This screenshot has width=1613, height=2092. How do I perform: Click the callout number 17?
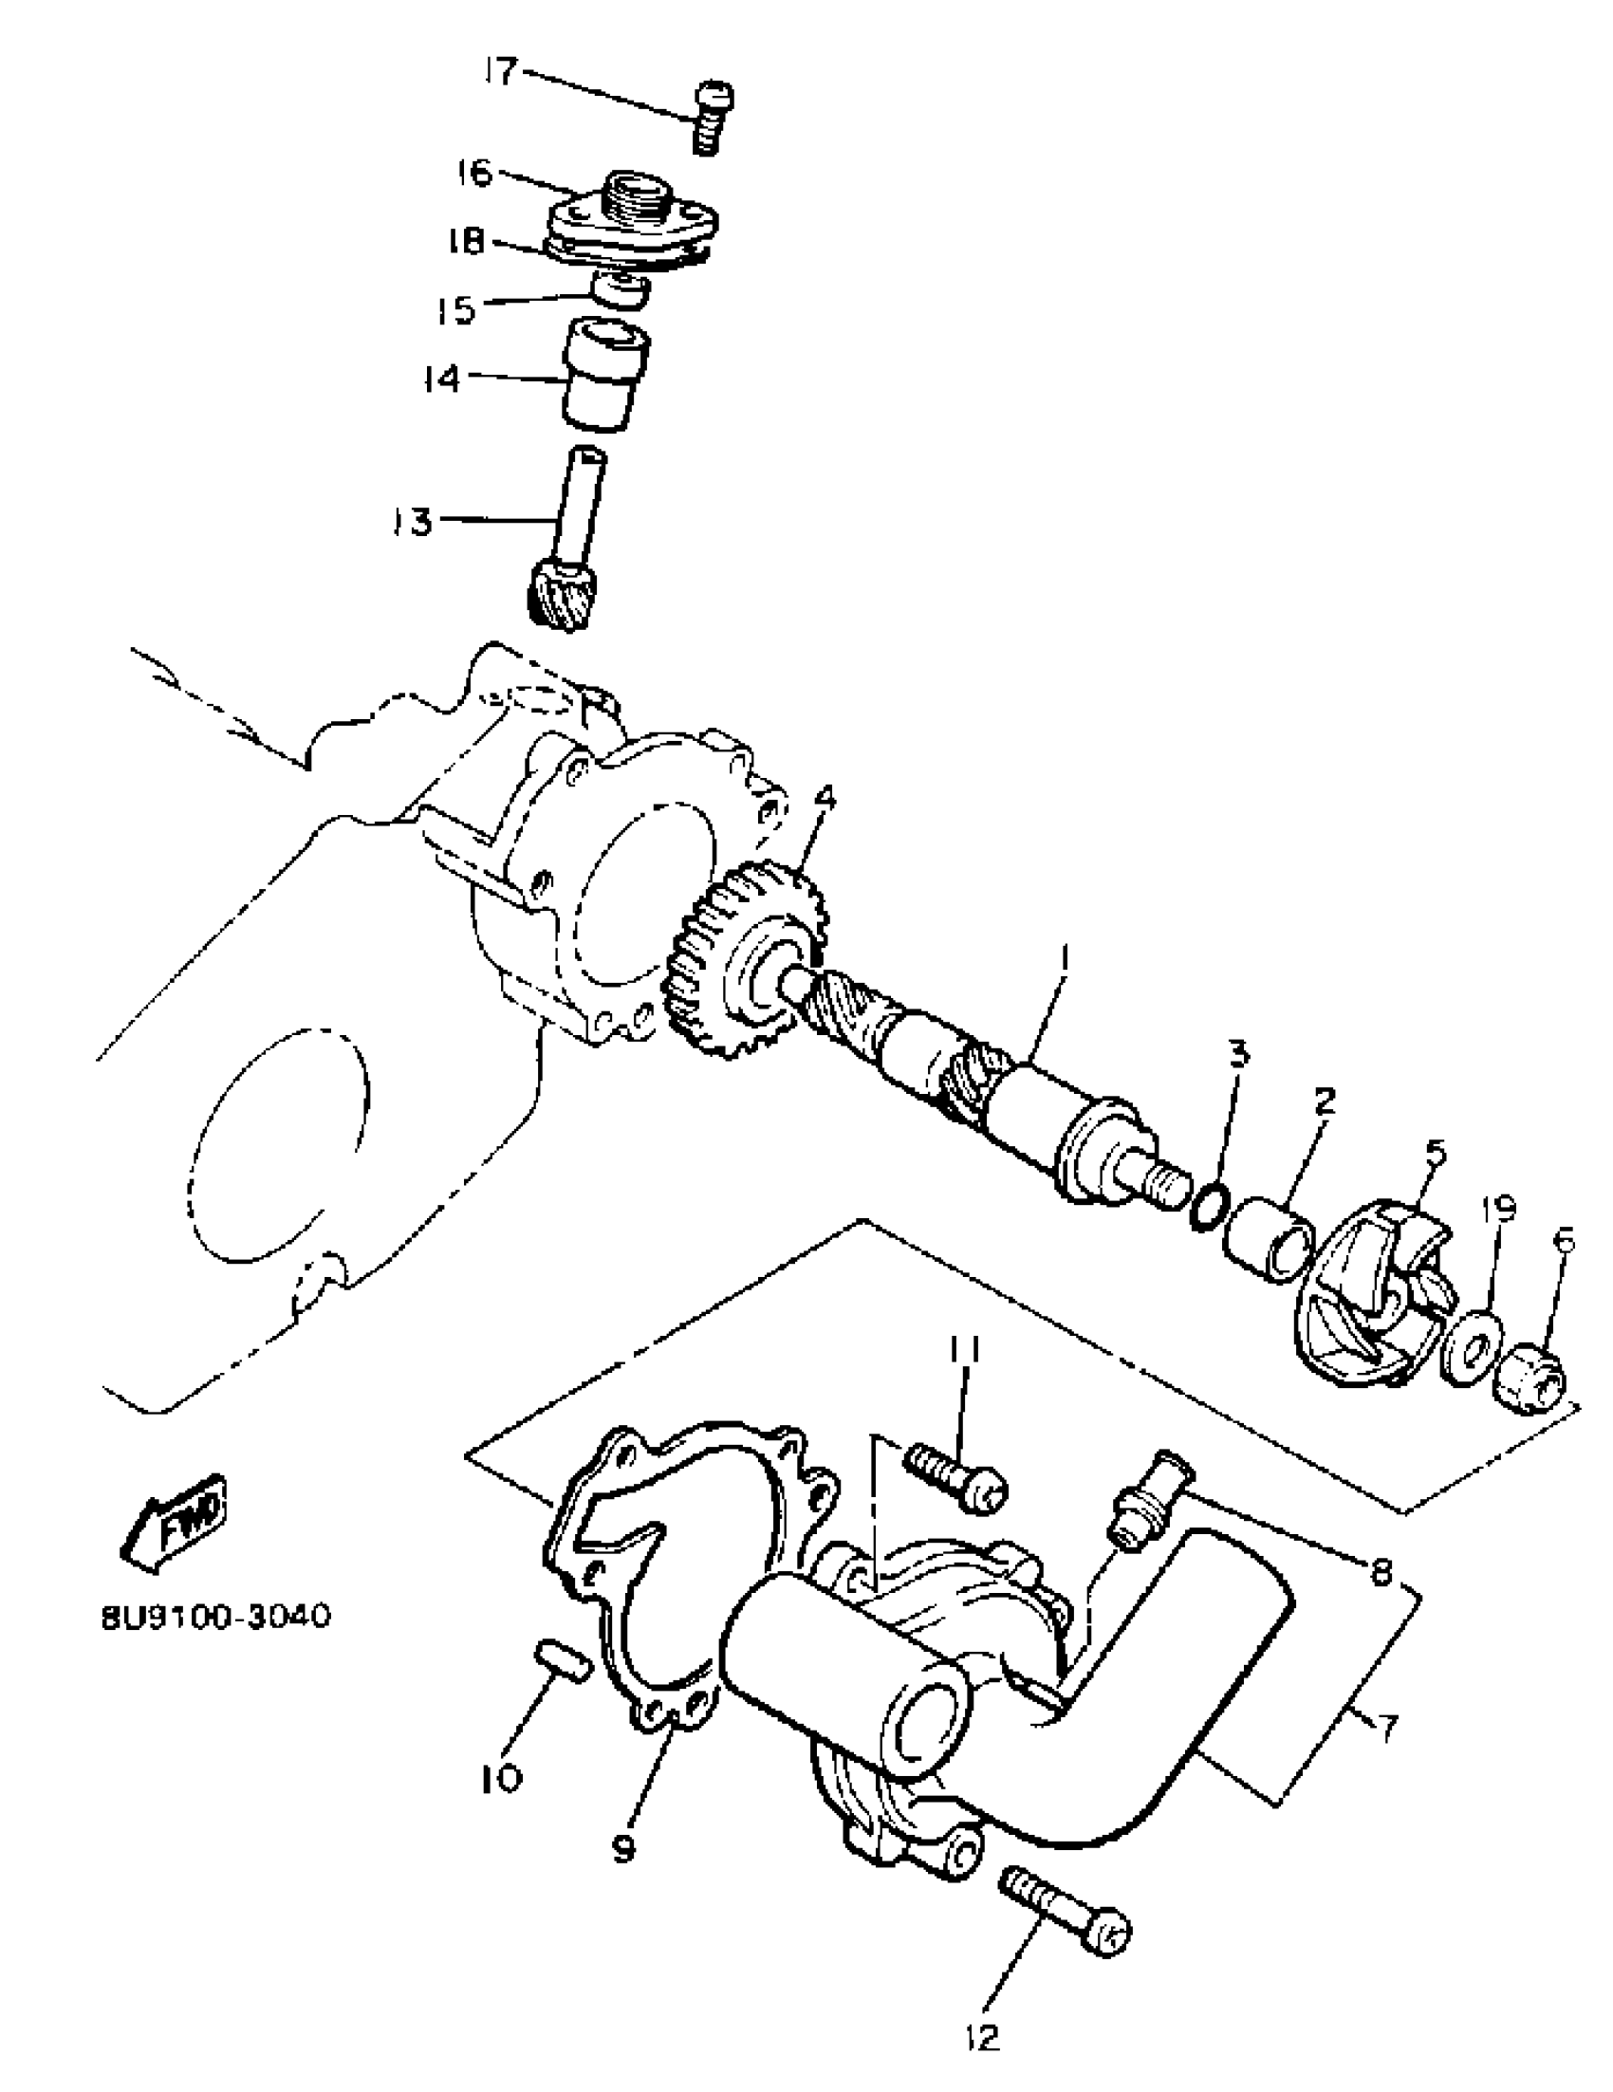[500, 72]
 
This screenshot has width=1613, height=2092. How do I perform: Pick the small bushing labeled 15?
[621, 289]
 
